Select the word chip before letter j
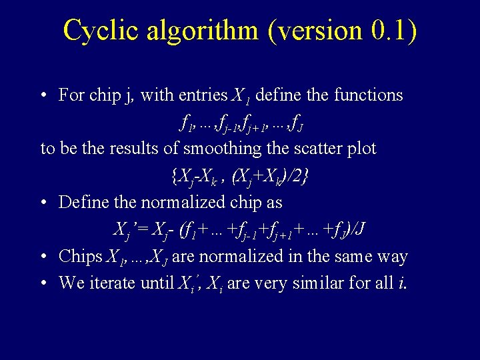(x=104, y=95)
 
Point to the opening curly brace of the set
(x=174, y=176)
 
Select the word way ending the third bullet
(x=391, y=256)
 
